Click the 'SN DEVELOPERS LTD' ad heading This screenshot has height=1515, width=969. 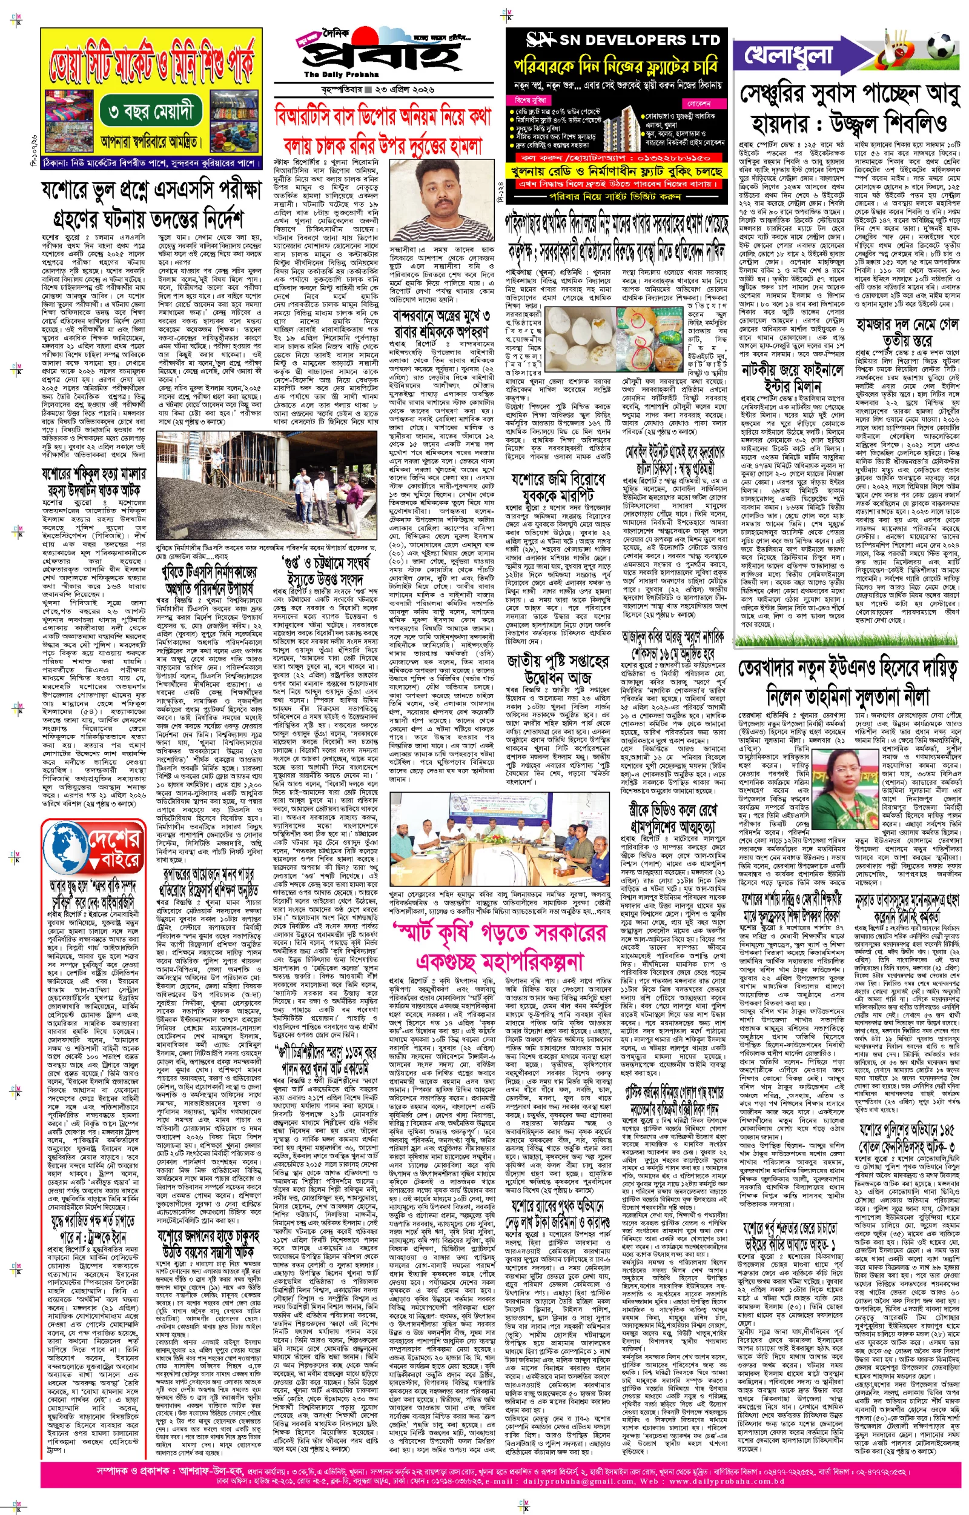(x=623, y=40)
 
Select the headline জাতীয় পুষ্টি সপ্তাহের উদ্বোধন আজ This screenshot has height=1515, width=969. (x=558, y=670)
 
